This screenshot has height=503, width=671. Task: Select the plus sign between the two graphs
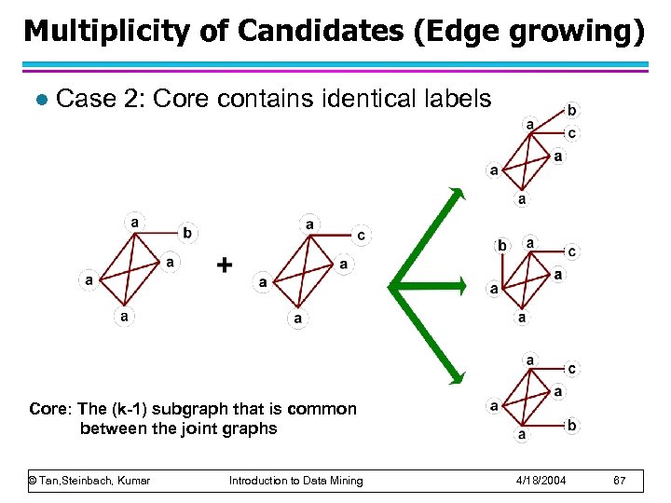click(x=224, y=265)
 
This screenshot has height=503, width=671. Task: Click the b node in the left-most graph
click(x=188, y=232)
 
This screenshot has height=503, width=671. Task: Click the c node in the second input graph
click(x=361, y=236)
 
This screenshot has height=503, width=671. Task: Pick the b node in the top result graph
click(x=571, y=110)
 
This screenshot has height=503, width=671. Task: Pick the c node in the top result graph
click(x=571, y=133)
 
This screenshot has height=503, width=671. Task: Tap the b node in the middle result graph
click(x=502, y=246)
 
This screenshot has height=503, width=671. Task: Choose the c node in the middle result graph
click(x=571, y=251)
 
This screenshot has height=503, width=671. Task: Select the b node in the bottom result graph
click(x=571, y=426)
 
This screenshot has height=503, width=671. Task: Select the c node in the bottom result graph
click(x=571, y=370)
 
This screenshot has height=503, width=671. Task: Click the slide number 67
click(x=620, y=481)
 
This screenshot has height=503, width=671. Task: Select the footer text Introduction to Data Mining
click(x=295, y=481)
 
